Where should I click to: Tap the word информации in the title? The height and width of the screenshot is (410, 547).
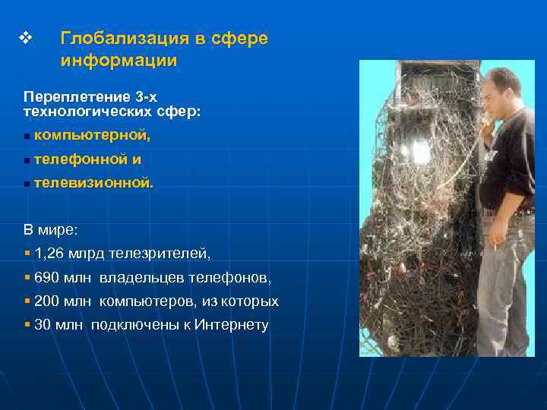[119, 60]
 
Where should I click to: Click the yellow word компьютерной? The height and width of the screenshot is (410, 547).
[92, 135]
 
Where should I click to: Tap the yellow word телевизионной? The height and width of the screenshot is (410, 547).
[93, 183]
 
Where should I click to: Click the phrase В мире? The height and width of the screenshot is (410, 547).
[50, 229]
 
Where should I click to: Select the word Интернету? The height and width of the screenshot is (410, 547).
[232, 325]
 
